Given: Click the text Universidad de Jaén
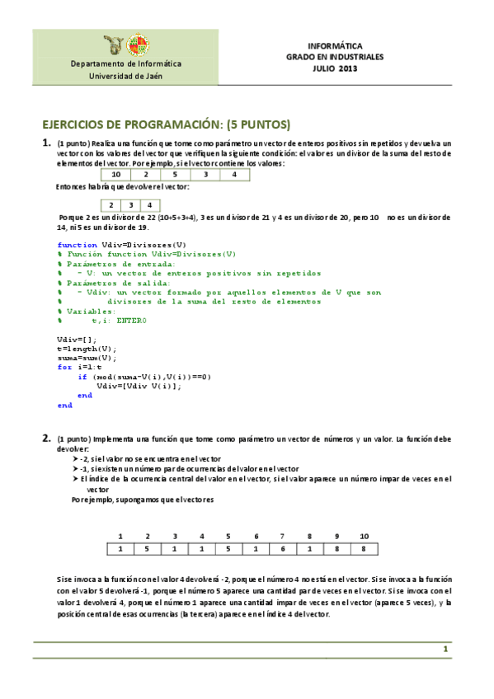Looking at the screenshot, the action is (x=126, y=75).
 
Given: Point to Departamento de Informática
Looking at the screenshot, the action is (x=126, y=63).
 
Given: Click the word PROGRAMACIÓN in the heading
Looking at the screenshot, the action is (x=165, y=124).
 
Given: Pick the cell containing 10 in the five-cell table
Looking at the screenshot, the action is (x=116, y=175).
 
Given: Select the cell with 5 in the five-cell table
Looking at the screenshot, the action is (x=175, y=175).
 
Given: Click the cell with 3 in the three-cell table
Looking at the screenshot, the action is (x=130, y=205).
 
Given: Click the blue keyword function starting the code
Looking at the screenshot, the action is (x=77, y=245).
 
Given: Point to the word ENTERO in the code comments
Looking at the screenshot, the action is (x=131, y=320).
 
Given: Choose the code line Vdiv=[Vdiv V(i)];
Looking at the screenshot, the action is (x=139, y=386).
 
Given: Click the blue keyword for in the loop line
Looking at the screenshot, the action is (x=64, y=367).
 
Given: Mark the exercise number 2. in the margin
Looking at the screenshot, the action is (x=47, y=438).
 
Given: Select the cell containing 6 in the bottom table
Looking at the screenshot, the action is (x=282, y=549).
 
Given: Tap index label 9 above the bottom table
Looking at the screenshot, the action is (x=336, y=536).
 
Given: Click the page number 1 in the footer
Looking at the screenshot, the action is (x=445, y=650).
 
